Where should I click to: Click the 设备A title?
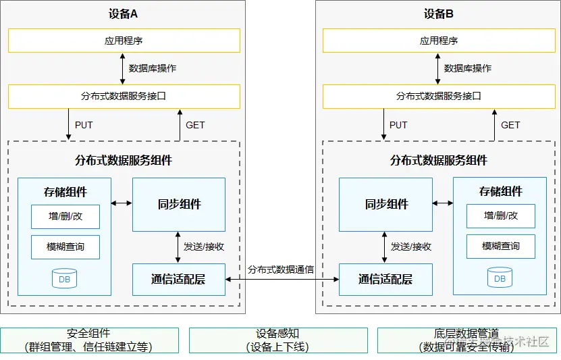(x=124, y=14)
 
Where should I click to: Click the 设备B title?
(x=439, y=14)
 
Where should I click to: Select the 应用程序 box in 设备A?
(x=124, y=41)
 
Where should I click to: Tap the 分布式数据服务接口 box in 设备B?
(x=439, y=96)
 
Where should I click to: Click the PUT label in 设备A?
(x=84, y=125)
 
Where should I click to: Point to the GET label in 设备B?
(x=510, y=125)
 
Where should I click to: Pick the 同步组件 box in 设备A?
(x=179, y=204)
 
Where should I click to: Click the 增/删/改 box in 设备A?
(x=65, y=216)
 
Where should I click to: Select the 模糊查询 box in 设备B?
(x=500, y=247)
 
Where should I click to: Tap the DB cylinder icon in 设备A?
(x=65, y=278)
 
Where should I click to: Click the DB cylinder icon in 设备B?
(x=500, y=278)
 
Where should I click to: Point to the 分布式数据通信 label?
(x=281, y=269)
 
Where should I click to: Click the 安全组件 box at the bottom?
(x=89, y=340)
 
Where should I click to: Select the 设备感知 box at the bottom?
(x=278, y=340)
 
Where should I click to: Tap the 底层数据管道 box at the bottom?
(x=467, y=340)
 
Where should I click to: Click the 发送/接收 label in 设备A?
(x=204, y=247)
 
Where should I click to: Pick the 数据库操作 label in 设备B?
(x=468, y=68)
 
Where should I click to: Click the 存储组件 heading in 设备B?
(x=500, y=191)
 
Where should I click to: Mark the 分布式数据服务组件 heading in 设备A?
(x=124, y=161)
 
